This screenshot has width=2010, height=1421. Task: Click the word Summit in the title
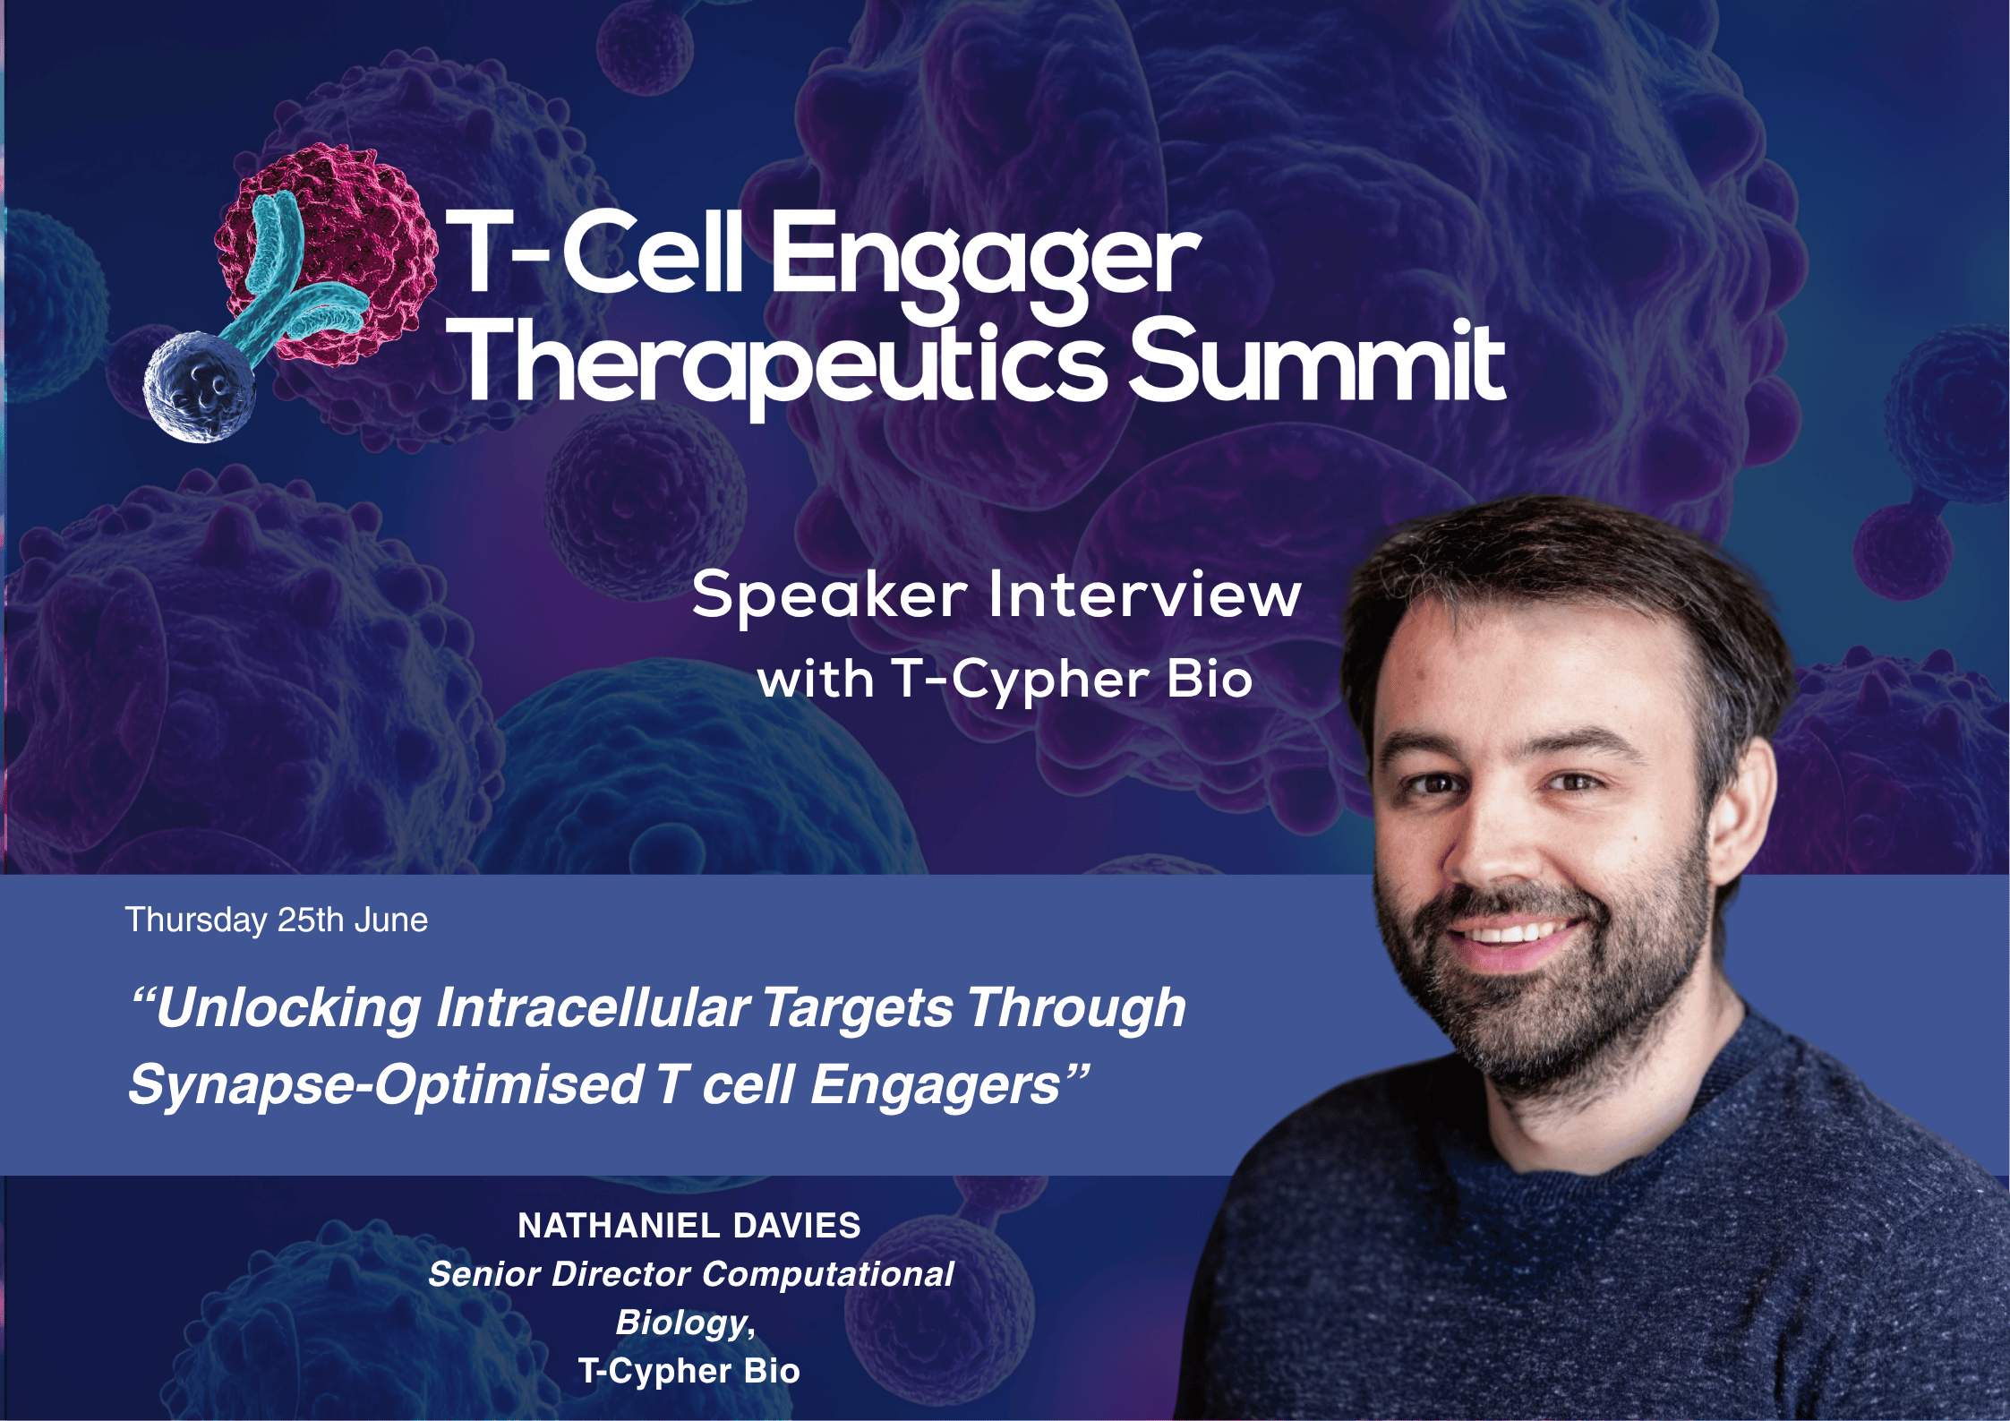pyautogui.click(x=1316, y=363)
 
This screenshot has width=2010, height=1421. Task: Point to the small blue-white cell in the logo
pyautogui.click(x=199, y=388)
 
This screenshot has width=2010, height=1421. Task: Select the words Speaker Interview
pyautogui.click(x=996, y=595)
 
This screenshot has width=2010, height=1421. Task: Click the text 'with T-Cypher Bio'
pyautogui.click(x=1005, y=680)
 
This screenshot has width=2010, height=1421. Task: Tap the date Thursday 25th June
pyautogui.click(x=276, y=920)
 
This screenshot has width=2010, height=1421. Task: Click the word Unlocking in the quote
pyautogui.click(x=287, y=1008)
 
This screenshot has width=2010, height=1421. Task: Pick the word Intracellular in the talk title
pyautogui.click(x=592, y=1008)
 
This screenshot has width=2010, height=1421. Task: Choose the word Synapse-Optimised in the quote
pyautogui.click(x=385, y=1085)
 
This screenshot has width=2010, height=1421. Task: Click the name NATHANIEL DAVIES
pyautogui.click(x=689, y=1226)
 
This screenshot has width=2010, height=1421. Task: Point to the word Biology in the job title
pyautogui.click(x=683, y=1323)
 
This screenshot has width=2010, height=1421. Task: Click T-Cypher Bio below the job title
pyautogui.click(x=689, y=1371)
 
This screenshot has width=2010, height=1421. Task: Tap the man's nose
pyautogui.click(x=1491, y=851)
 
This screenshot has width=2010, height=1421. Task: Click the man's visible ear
pyautogui.click(x=1741, y=806)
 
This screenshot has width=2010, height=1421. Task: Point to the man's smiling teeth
pyautogui.click(x=1513, y=934)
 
